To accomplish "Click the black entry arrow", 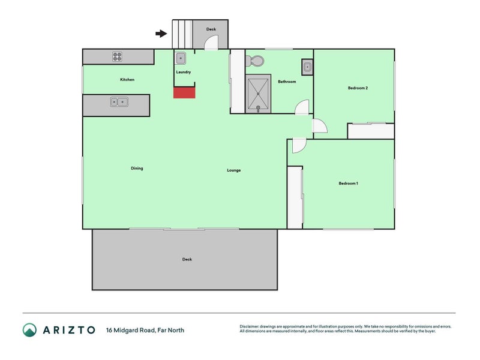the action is pyautogui.click(x=161, y=34).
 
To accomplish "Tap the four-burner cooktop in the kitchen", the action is pyautogui.click(x=117, y=56).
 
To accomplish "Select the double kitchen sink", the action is pyautogui.click(x=119, y=101).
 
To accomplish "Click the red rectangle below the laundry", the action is pyautogui.click(x=184, y=93).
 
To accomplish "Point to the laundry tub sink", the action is pyautogui.click(x=181, y=58).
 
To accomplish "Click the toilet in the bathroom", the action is pyautogui.click(x=254, y=61).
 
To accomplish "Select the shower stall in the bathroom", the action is pyautogui.click(x=258, y=94).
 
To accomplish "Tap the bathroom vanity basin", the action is pyautogui.click(x=307, y=67).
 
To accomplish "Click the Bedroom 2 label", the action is pyautogui.click(x=358, y=88).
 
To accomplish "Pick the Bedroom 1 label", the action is pyautogui.click(x=349, y=184).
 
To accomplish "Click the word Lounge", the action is pyautogui.click(x=234, y=170).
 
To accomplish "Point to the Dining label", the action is pyautogui.click(x=137, y=168).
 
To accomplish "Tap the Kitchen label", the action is pyautogui.click(x=127, y=80).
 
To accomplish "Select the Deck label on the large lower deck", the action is pyautogui.click(x=187, y=259).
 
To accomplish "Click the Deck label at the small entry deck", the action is pyautogui.click(x=211, y=29).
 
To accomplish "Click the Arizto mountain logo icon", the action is pyautogui.click(x=29, y=330).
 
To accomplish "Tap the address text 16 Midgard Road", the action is pyautogui.click(x=131, y=331).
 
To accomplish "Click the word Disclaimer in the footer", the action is pyautogui.click(x=249, y=326).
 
